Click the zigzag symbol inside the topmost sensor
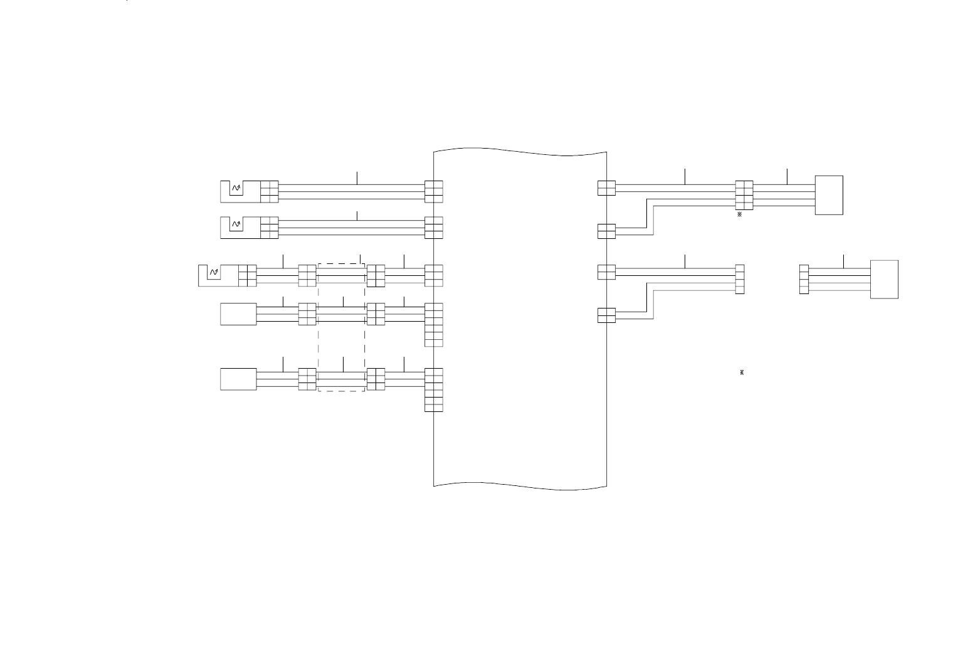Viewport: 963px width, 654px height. coord(236,187)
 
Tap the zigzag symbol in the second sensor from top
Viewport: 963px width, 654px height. coord(236,224)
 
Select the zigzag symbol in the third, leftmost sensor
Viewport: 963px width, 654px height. coord(214,272)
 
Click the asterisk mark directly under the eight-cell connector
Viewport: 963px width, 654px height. coord(740,214)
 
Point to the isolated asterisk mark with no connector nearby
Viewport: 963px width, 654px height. coord(742,372)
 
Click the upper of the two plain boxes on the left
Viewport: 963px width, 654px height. coord(238,314)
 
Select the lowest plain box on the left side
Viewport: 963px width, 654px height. coord(238,379)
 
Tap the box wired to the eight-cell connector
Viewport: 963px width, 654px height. coord(829,195)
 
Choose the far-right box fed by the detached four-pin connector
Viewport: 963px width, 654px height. coord(884,279)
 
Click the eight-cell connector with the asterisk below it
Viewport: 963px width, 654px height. coord(744,195)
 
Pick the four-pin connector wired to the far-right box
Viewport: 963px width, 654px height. coord(804,280)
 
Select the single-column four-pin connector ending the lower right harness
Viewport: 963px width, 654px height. coord(740,280)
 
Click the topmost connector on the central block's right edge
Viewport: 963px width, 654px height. coord(606,187)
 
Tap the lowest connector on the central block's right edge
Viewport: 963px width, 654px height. coord(606,315)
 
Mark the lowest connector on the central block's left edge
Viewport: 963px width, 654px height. coord(434,389)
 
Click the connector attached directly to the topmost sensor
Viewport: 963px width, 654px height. coord(269,191)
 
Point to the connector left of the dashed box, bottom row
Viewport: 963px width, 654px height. coord(307,379)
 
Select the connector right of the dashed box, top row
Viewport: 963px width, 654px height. coord(376,275)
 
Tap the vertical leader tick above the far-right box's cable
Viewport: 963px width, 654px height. coord(844,261)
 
